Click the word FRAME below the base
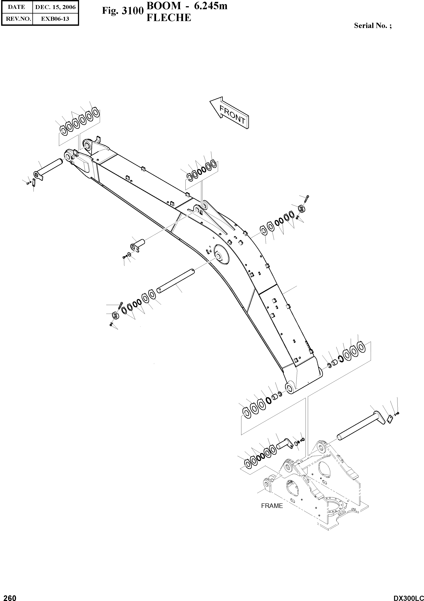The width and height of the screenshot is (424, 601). [272, 506]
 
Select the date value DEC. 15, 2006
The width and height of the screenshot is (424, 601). [55, 7]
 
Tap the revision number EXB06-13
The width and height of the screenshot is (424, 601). [55, 19]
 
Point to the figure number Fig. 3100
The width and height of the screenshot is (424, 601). [123, 11]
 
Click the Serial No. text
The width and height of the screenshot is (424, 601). [373, 26]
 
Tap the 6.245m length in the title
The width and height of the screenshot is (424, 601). [210, 6]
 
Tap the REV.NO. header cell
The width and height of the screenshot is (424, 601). [17, 19]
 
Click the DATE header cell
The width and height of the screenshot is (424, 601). [17, 7]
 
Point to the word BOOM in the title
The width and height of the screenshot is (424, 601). [164, 6]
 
